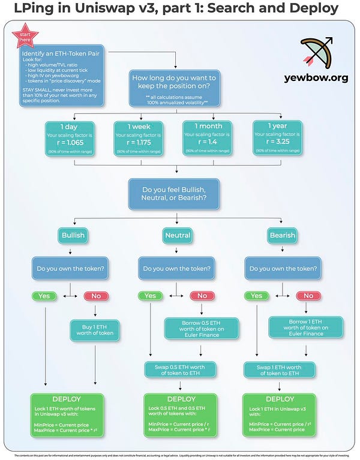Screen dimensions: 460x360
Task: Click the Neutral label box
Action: [177, 236]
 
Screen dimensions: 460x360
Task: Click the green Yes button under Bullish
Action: [44, 296]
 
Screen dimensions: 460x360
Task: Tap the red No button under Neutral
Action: [202, 296]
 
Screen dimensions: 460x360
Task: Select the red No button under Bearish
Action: [308, 296]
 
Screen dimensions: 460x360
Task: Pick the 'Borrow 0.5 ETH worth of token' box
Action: [202, 329]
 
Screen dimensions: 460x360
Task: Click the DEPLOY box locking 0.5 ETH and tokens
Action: [181, 414]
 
